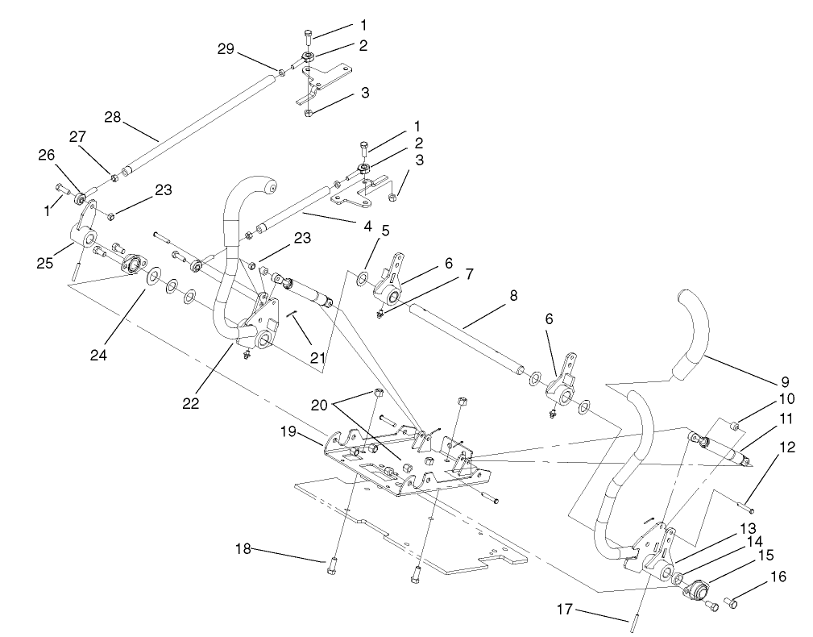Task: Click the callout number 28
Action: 114,118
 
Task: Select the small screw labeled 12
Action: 745,508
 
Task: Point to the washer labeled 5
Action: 363,279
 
